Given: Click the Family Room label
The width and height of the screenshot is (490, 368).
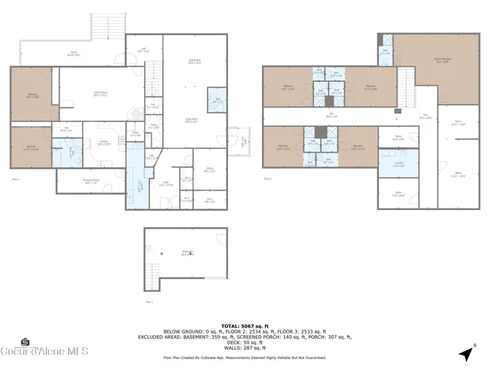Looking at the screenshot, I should click(100, 94).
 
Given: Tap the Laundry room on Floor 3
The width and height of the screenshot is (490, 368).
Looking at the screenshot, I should click(398, 164).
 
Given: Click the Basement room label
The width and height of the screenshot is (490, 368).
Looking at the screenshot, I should click(187, 252).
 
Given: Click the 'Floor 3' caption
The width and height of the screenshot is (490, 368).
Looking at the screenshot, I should click(268, 179).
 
